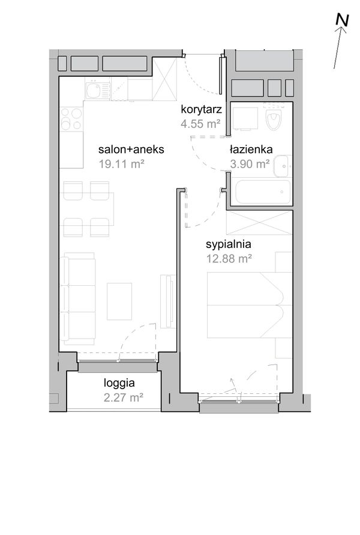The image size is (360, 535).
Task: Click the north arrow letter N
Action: [x=342, y=20]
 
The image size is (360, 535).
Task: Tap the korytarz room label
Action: [x=202, y=109]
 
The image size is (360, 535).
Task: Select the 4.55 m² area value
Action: [x=200, y=123]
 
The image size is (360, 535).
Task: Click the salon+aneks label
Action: [x=131, y=150]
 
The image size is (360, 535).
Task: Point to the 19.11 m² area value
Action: [x=122, y=164]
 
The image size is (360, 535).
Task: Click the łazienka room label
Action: [x=251, y=150]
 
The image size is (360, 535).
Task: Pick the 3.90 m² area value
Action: [x=250, y=164]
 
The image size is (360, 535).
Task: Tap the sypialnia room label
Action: [x=229, y=244]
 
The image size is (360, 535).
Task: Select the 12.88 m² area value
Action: [x=229, y=259]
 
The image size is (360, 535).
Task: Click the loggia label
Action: [x=119, y=383]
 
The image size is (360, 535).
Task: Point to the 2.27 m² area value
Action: [x=124, y=397]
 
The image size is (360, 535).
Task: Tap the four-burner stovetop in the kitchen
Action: [x=71, y=119]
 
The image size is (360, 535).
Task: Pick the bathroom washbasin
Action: [x=283, y=166]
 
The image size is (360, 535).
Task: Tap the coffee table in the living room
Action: [x=119, y=301]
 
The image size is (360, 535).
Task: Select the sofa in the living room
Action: [x=77, y=298]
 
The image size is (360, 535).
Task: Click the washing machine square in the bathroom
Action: [x=245, y=119]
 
